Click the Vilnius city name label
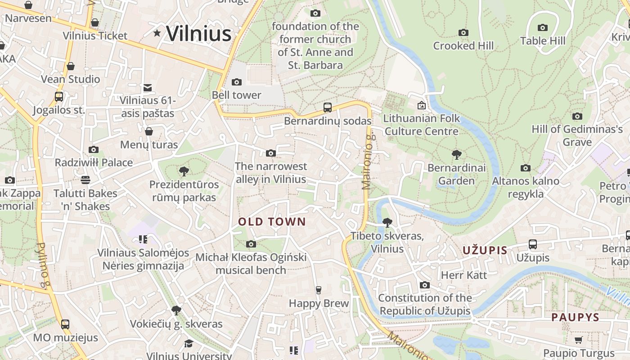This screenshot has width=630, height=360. [198, 34]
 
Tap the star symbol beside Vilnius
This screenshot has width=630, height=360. [157, 33]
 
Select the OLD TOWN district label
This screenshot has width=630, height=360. [272, 221]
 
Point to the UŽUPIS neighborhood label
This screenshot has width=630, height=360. [485, 250]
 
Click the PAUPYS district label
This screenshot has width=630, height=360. [576, 317]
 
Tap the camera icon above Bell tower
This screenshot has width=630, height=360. [236, 82]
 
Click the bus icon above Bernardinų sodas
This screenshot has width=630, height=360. [328, 108]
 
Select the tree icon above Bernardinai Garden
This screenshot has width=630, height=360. [457, 155]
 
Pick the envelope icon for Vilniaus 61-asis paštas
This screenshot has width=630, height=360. [148, 88]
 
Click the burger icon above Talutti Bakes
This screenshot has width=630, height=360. [85, 180]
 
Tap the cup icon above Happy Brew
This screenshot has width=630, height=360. [319, 290]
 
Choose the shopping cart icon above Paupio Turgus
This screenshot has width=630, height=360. [578, 340]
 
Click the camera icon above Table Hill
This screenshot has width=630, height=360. [543, 28]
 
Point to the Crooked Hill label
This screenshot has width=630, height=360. [463, 45]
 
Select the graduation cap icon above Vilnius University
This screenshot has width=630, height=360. [189, 343]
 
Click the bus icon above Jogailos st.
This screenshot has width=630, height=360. [59, 96]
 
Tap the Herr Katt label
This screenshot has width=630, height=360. [464, 275]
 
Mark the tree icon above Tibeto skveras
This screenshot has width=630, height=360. [387, 222]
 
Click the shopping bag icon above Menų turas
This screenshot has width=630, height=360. [149, 131]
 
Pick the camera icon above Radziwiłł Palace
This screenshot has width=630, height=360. [94, 149]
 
